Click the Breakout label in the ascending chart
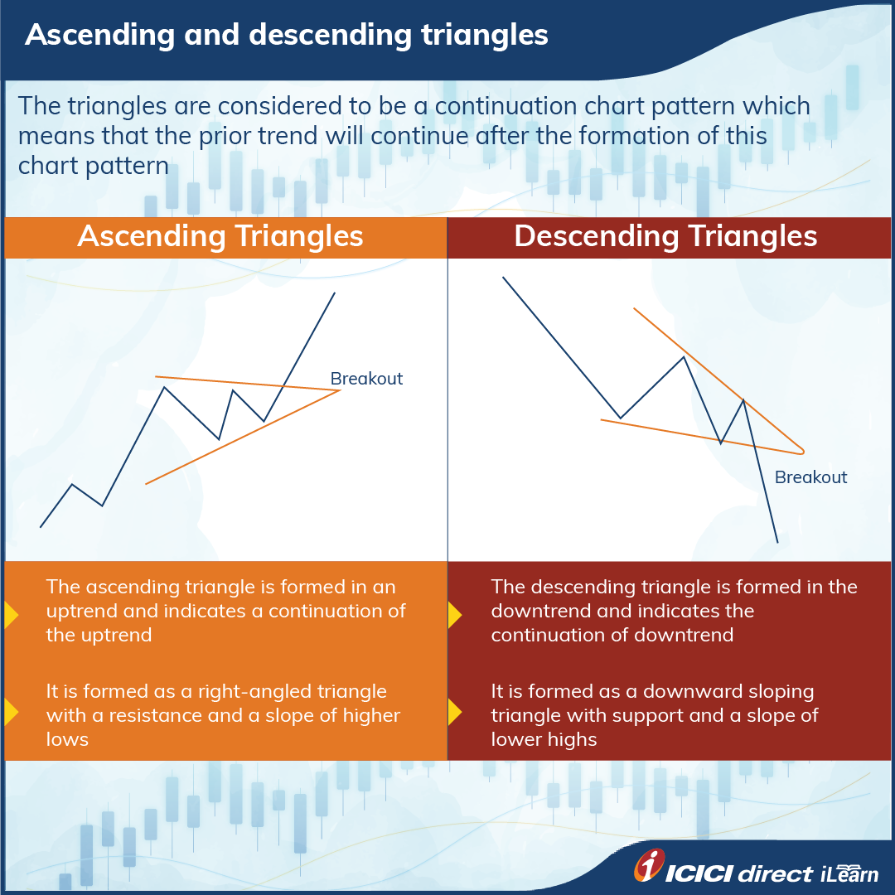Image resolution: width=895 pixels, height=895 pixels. click(366, 379)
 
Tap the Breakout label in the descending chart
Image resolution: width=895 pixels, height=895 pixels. click(810, 477)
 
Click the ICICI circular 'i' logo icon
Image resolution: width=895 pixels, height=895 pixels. click(651, 866)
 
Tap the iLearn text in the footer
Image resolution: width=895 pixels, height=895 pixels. click(849, 873)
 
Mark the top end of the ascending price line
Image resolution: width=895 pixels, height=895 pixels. click(335, 293)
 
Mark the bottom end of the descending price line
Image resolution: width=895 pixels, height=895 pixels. click(777, 543)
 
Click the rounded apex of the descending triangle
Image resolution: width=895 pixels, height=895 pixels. click(801, 452)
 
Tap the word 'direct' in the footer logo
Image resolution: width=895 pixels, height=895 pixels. click(775, 873)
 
